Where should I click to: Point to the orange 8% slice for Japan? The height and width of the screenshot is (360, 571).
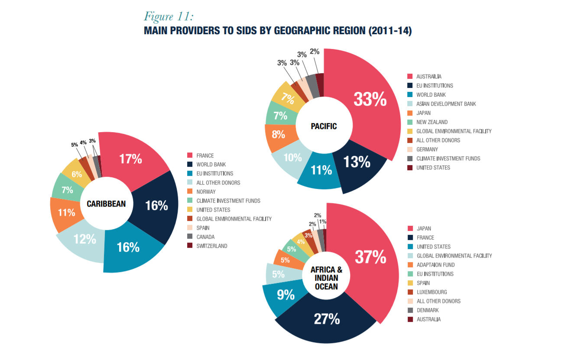[x=278, y=134]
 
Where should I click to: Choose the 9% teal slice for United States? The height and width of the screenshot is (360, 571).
[x=285, y=295]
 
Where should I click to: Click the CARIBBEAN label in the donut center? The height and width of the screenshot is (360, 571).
[x=106, y=204]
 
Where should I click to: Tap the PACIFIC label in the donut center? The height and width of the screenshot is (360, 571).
[x=324, y=126]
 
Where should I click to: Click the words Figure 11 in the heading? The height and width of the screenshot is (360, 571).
[x=169, y=16]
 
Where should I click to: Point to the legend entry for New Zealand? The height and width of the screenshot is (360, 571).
[x=431, y=122]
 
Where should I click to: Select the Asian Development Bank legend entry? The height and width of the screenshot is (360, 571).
[x=446, y=104]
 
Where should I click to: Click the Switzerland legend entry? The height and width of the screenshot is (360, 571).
[x=211, y=246]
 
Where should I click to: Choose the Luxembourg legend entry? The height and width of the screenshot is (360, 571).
[x=431, y=292]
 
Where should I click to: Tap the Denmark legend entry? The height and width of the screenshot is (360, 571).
[x=427, y=310]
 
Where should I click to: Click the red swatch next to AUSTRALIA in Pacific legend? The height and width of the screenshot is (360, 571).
[x=410, y=77]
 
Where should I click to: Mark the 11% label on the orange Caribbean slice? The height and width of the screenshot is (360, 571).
[x=67, y=212]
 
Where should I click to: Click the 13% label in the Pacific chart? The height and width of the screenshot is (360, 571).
[x=357, y=162]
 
